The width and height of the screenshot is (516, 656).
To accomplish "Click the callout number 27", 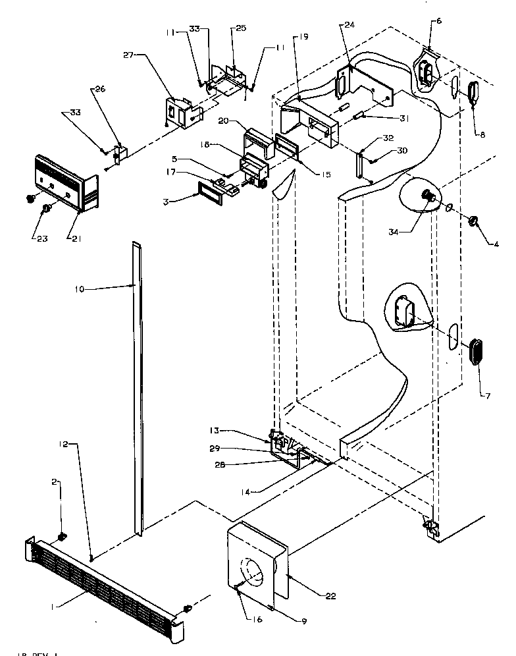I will pyautogui.click(x=128, y=56).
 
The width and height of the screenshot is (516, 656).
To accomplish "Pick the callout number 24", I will pyautogui.click(x=348, y=25).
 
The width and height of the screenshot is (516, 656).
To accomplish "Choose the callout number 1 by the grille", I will pyautogui.click(x=54, y=605).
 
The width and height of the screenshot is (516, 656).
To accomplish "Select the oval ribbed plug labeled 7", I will pyautogui.click(x=477, y=350).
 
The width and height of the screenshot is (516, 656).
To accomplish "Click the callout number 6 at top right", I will pyautogui.click(x=439, y=21).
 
